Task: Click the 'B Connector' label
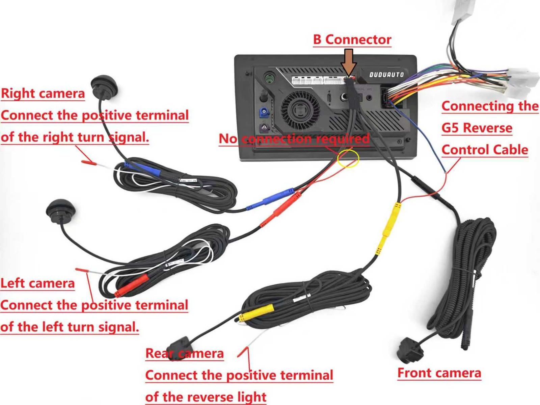(352, 40)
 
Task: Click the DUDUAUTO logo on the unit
(386, 75)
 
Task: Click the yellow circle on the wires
(348, 158)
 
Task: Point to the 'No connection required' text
(294, 139)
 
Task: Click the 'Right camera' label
(43, 94)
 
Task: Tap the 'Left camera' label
(37, 283)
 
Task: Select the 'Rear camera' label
(185, 354)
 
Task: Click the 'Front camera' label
(439, 373)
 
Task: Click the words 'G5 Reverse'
(477, 128)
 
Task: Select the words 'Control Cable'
(485, 150)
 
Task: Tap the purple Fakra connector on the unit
(264, 128)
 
